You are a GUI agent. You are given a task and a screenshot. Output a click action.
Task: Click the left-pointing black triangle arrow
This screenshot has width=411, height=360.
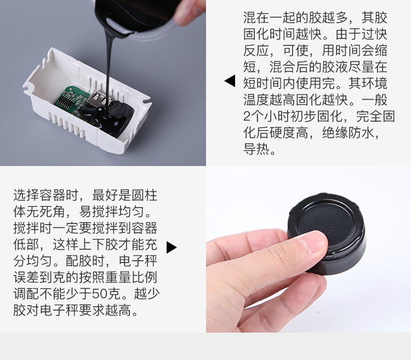tap(230, 81)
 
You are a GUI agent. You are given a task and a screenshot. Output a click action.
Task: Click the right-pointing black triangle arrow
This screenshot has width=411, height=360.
tap(171, 248)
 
